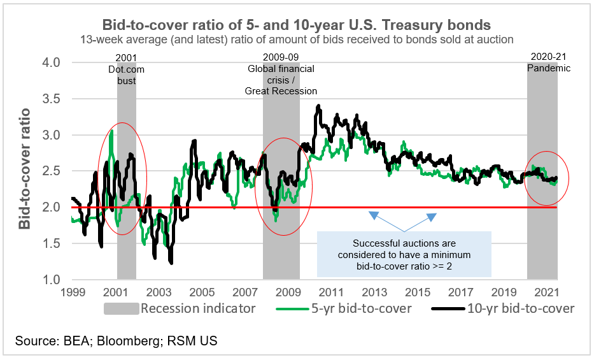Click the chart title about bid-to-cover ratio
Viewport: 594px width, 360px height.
[297, 25]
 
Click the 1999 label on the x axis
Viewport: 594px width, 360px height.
[73, 292]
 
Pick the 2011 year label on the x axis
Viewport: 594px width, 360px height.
[332, 292]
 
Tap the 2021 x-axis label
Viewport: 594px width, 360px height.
[547, 292]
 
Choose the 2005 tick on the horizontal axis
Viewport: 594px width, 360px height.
[202, 292]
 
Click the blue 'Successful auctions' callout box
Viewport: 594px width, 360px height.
[404, 254]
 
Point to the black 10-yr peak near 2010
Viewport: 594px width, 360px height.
[318, 106]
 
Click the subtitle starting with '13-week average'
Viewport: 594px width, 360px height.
[297, 40]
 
